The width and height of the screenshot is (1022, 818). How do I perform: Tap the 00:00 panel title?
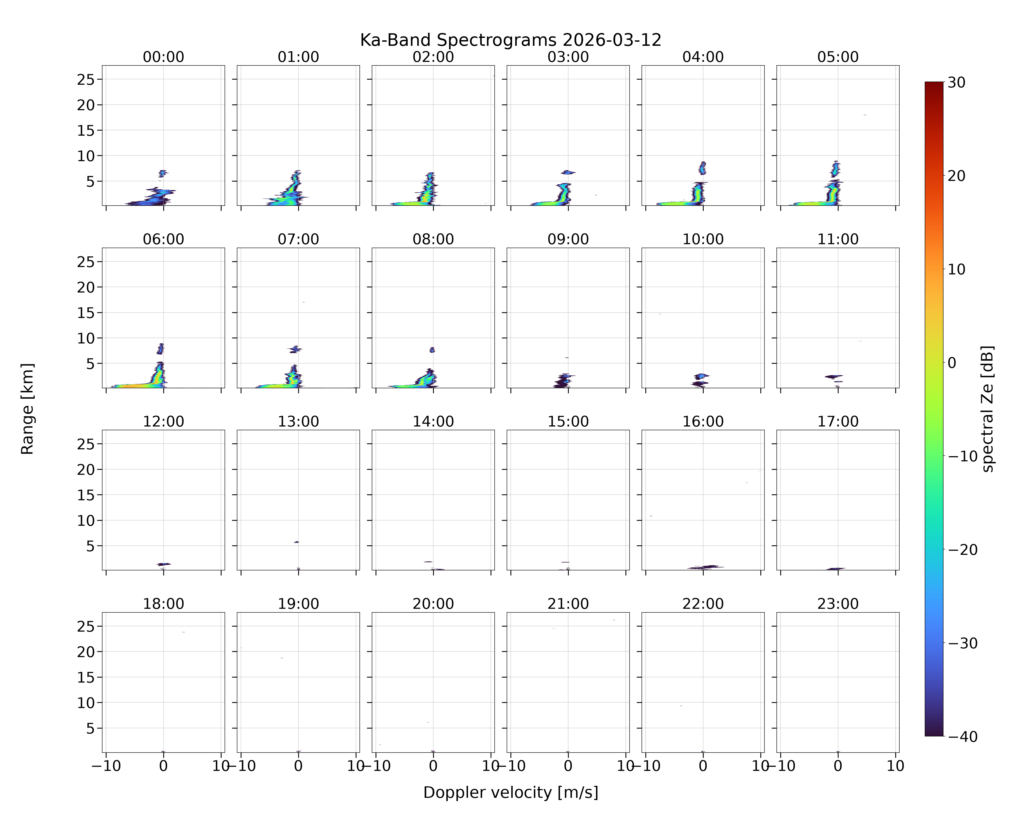point(164,57)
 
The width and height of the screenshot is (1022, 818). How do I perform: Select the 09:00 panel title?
point(568,239)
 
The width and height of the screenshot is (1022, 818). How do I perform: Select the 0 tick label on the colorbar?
point(952,363)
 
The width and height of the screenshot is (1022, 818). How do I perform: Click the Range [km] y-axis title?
point(28,409)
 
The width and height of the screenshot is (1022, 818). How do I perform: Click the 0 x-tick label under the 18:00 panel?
point(164,766)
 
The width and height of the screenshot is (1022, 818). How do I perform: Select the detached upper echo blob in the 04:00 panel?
point(703,168)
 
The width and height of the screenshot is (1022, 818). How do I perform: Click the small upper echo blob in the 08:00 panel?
point(432,350)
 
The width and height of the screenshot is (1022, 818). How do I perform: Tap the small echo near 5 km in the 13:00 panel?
point(296,542)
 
